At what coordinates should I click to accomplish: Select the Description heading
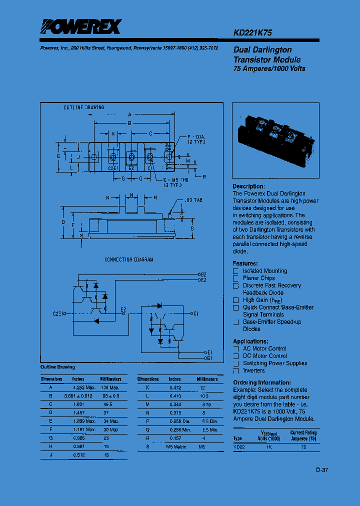(x=248, y=186)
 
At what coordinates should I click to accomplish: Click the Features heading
(x=245, y=263)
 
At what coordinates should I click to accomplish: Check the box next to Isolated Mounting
(x=236, y=271)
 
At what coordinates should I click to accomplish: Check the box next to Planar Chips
(x=236, y=278)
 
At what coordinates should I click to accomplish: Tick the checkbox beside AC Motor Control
(x=236, y=348)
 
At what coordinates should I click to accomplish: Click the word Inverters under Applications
(x=254, y=370)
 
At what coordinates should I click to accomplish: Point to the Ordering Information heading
(x=261, y=382)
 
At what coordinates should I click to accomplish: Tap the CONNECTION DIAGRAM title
(x=129, y=260)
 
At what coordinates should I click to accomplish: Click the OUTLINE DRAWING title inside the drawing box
(x=83, y=107)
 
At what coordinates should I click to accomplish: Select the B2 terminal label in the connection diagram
(x=203, y=274)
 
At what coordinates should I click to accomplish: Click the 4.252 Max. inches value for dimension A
(x=83, y=387)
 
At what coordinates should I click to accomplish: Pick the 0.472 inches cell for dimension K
(x=174, y=387)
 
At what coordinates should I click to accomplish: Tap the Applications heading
(x=250, y=341)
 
